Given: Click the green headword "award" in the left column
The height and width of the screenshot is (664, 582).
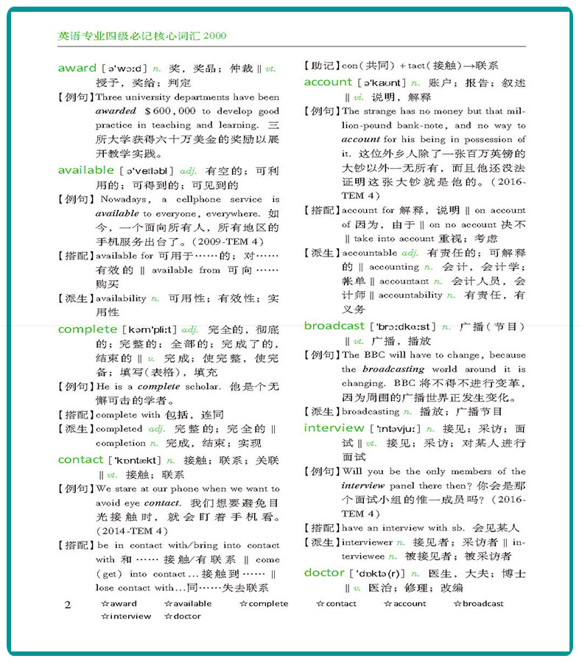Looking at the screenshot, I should [x=77, y=68].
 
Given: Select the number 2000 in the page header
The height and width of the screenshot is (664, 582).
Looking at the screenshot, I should [x=214, y=35].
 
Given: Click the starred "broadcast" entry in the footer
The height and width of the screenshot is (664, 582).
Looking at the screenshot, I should [x=478, y=604].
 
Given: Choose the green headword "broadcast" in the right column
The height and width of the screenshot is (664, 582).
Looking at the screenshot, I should [x=334, y=326].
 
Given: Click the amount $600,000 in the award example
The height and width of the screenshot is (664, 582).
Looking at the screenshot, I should [x=170, y=111].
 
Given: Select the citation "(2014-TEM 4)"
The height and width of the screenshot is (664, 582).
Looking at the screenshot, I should [x=132, y=531].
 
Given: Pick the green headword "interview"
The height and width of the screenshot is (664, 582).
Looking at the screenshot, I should [x=334, y=428].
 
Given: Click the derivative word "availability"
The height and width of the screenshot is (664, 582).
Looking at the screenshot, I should [x=121, y=298].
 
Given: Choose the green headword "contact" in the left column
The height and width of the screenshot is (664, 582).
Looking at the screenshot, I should [x=80, y=460].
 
